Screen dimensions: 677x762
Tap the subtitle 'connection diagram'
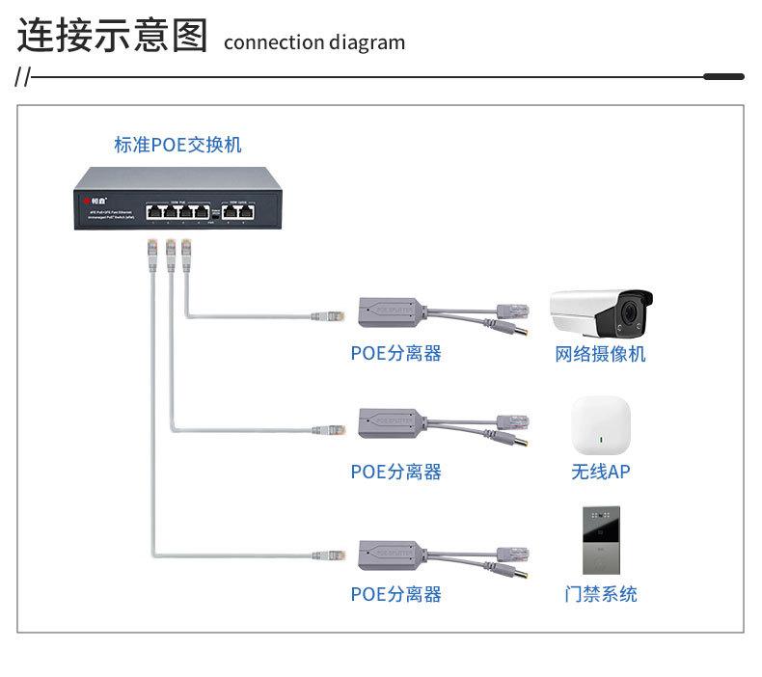[x=314, y=42]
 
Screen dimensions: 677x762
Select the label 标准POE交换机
[x=177, y=145]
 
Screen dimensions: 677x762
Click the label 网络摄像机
[x=600, y=354]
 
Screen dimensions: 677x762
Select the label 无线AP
[x=600, y=472]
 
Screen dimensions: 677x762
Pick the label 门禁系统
[x=600, y=594]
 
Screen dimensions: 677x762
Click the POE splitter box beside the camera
[x=391, y=311]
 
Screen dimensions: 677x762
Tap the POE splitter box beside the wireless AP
[x=391, y=422]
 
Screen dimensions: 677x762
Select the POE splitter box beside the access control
[x=391, y=554]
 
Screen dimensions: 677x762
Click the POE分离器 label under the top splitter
[x=395, y=354]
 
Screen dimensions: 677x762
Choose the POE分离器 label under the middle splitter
[x=395, y=472]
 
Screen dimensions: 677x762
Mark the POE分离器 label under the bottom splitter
[x=395, y=594]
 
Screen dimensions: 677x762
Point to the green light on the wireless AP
[x=601, y=442]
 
